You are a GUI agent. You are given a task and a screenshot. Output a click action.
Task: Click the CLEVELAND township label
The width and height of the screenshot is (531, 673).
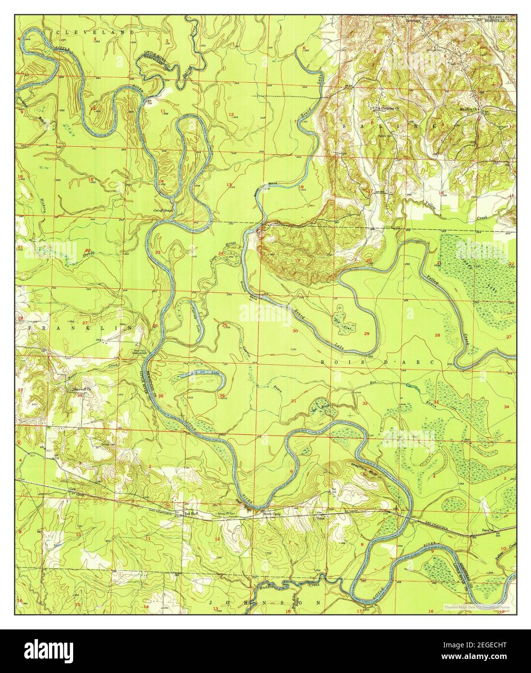[95, 32]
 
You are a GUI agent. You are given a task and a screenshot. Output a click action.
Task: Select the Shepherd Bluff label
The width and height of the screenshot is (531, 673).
[362, 466]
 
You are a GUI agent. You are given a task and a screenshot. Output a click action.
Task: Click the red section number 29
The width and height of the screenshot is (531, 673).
[367, 334]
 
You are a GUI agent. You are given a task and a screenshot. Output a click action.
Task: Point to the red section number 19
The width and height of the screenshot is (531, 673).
[297, 261]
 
